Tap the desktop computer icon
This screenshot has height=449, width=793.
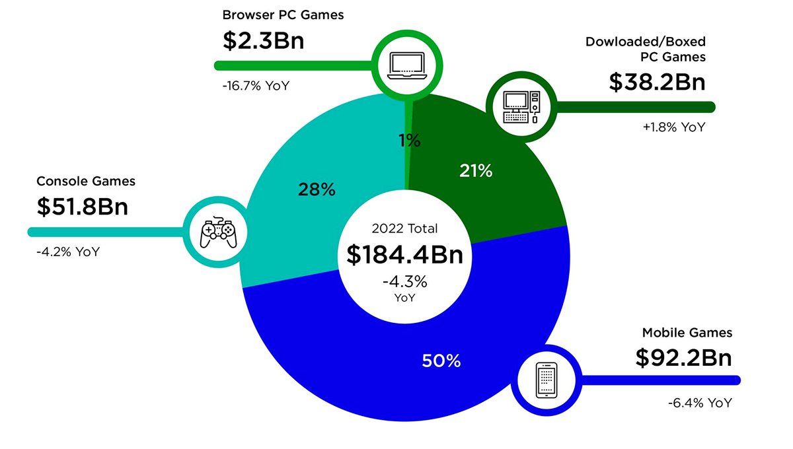tap(520, 106)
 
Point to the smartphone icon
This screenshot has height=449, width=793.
tap(546, 381)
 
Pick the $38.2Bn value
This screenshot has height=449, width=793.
tap(657, 82)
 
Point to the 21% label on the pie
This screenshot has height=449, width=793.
tap(476, 171)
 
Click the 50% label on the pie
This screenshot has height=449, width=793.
tap(441, 361)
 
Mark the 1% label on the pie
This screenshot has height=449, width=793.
tap(409, 140)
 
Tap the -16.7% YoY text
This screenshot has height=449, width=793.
tap(256, 85)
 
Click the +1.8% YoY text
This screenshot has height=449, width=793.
tap(673, 127)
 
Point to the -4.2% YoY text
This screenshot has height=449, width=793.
tap(68, 252)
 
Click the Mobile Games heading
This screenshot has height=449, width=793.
tap(687, 333)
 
